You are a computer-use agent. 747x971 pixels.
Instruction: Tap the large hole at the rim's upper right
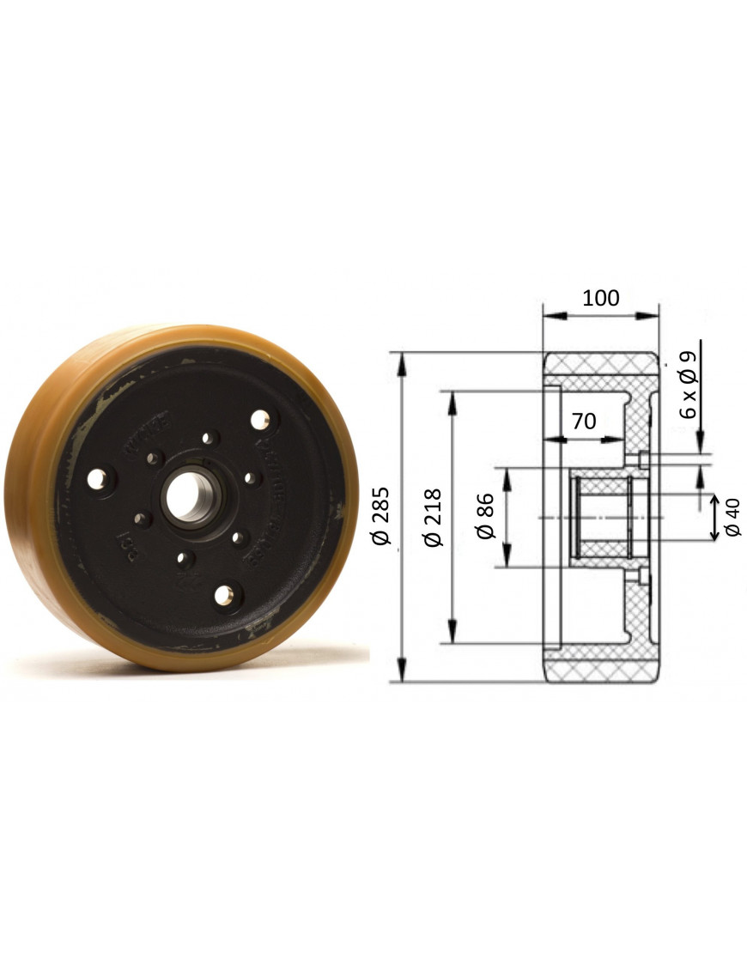259,420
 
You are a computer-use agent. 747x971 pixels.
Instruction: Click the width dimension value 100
600,298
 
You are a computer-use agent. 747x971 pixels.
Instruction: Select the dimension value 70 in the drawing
583,421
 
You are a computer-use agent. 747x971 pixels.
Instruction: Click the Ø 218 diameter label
433,517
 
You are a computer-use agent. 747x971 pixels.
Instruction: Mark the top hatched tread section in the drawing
601,367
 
